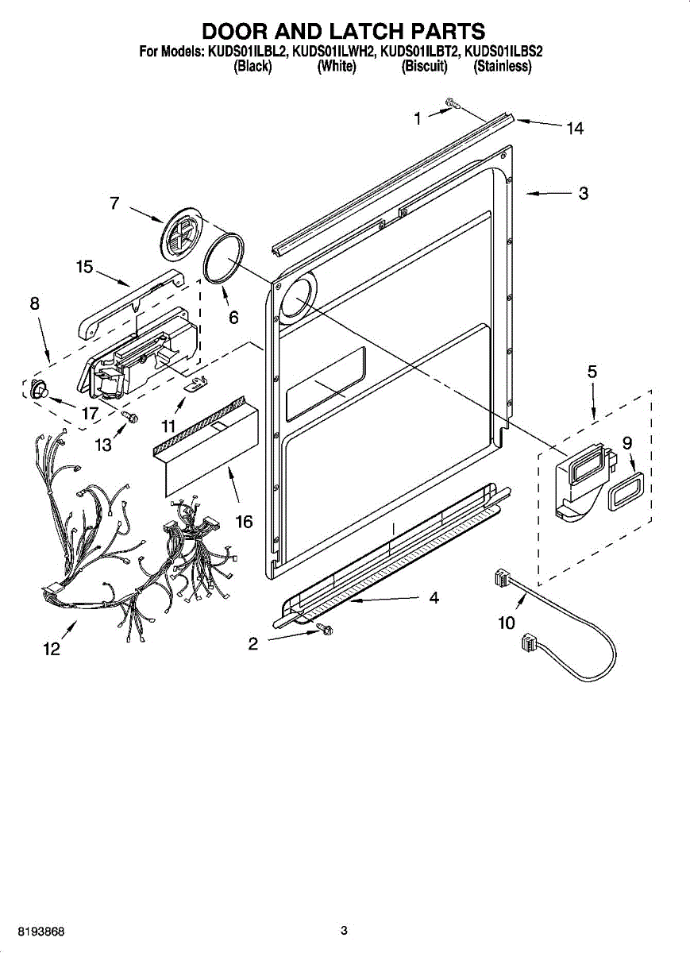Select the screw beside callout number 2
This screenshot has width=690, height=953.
point(324,629)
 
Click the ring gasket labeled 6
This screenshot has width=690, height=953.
point(226,257)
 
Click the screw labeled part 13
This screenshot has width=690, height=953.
point(131,415)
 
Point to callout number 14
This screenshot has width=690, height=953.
point(575,129)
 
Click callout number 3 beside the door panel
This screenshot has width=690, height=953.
point(583,193)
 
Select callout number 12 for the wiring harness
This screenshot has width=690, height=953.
point(51,650)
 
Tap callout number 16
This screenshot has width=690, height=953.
point(244,522)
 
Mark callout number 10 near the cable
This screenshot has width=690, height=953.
point(507,623)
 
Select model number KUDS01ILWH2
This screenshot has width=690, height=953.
point(333,52)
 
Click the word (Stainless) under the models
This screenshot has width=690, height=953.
point(502,67)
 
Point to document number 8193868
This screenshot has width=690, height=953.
point(35,931)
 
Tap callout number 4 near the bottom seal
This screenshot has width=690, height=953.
point(434,598)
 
